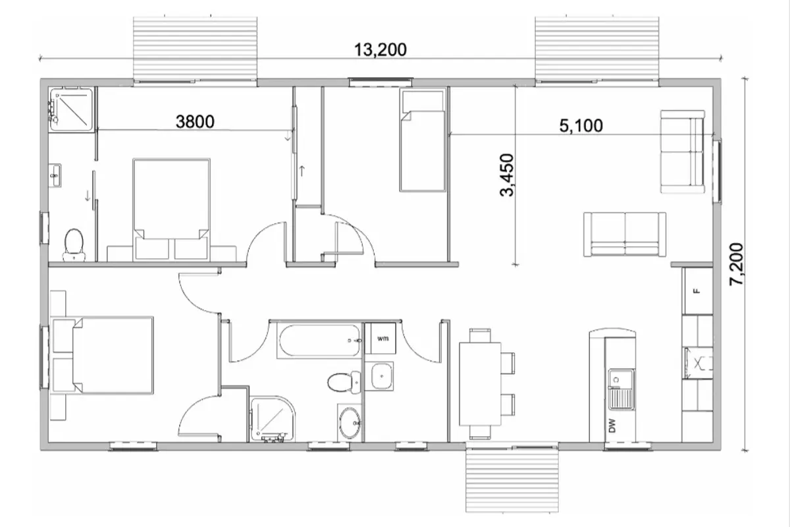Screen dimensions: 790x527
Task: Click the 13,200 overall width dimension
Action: [x=381, y=50]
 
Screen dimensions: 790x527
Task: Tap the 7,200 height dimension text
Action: [x=737, y=264]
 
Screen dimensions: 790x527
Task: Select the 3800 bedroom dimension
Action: [x=195, y=122]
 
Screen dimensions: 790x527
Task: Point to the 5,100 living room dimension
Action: [x=581, y=126]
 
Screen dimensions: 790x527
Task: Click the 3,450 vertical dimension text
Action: [x=507, y=175]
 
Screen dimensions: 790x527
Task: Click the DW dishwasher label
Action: [x=612, y=426]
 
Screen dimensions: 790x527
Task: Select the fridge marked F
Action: [x=697, y=291]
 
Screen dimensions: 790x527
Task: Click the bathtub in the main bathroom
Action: [x=319, y=341]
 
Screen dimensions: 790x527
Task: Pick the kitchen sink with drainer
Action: [x=621, y=389]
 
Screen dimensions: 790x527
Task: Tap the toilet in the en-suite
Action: [x=74, y=245]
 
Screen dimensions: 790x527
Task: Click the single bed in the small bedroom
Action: [x=422, y=140]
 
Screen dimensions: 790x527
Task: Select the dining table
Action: [x=480, y=384]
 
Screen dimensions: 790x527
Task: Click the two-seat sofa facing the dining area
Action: [x=625, y=234]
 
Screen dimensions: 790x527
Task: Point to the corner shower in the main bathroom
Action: [x=272, y=418]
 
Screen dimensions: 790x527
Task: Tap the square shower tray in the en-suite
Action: [x=71, y=109]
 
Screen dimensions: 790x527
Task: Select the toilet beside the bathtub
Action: [x=344, y=382]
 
